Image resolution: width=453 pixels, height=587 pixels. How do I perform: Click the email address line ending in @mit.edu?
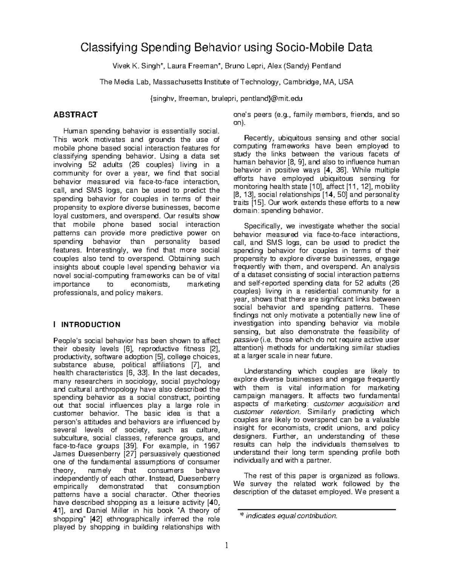226,99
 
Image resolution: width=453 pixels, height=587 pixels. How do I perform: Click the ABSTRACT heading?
75,115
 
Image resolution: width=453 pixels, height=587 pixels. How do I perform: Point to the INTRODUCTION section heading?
91,325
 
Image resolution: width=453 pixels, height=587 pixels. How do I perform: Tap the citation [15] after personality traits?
255,203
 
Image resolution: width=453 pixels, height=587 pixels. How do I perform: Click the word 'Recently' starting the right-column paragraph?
259,138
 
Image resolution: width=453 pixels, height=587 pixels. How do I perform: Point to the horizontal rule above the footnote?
316,510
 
